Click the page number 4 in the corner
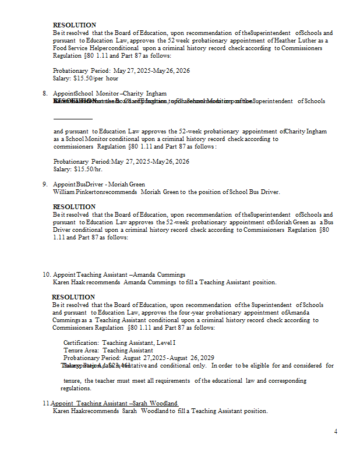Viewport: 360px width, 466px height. (x=336, y=431)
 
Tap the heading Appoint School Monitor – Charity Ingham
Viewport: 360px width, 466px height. (x=110, y=93)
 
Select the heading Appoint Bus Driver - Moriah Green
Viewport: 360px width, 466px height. (x=99, y=184)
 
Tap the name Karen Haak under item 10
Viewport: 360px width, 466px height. (x=69, y=282)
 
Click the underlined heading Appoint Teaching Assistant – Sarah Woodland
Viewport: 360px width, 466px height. (x=114, y=403)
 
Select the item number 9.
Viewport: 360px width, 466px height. (x=45, y=184)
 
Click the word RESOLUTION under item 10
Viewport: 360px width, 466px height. (x=73, y=297)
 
